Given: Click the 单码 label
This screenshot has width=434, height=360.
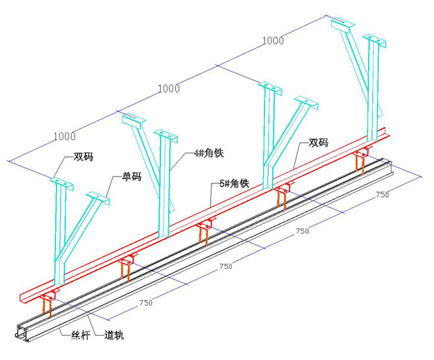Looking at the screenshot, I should coord(131,176).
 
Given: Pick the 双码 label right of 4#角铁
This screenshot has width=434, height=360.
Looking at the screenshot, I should coord(318,143).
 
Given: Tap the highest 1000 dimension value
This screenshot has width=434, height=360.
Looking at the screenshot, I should coord(273,40).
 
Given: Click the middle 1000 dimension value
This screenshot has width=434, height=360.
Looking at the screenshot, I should coord(169,89).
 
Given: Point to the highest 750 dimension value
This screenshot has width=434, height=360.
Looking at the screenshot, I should coord(382,195).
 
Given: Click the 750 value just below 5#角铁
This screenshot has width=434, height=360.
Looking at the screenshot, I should coord(302,230).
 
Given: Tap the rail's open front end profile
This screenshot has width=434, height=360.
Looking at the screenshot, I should coord(23,336).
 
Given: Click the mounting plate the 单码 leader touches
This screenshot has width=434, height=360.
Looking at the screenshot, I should coord(98,197).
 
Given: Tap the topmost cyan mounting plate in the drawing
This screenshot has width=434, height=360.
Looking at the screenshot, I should coord(342,24).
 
